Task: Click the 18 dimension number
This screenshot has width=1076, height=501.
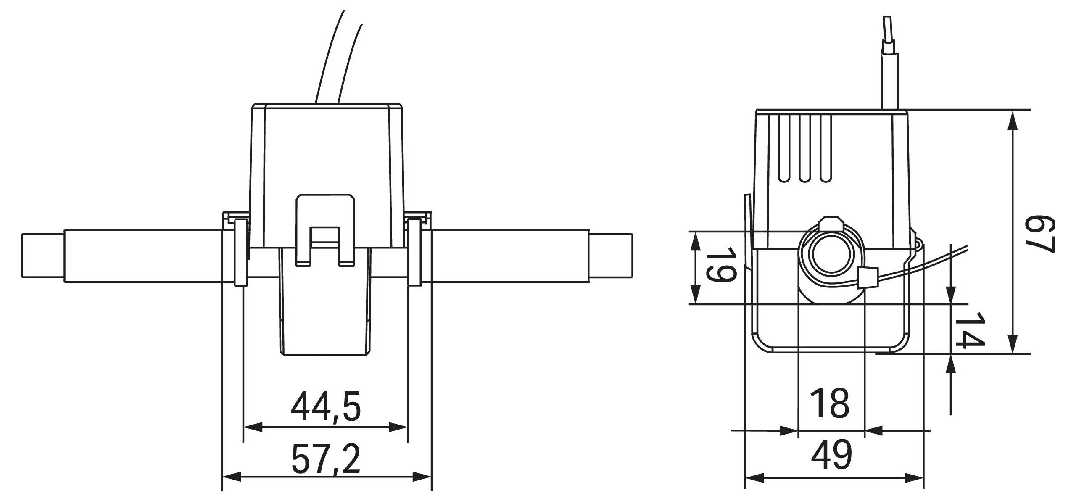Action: pos(830,404)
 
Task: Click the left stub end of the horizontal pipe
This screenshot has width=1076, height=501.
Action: pos(42,255)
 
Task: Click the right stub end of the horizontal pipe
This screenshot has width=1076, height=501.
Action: pos(612,255)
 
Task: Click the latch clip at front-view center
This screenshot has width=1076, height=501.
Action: pos(325,229)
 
